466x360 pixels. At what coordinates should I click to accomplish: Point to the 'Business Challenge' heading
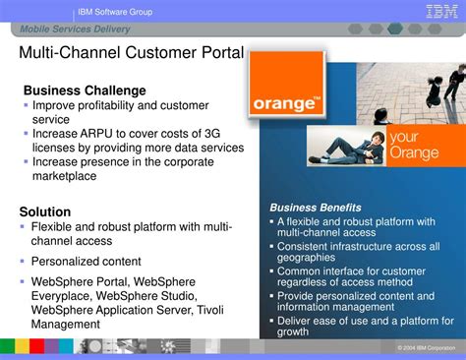click(x=85, y=90)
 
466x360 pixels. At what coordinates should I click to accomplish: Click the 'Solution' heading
click(x=45, y=211)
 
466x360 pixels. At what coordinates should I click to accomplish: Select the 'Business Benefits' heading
click(x=316, y=208)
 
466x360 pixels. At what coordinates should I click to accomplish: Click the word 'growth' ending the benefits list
click(x=293, y=331)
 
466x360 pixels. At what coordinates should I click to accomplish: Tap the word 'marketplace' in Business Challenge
click(x=65, y=176)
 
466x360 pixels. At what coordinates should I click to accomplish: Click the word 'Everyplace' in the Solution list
click(x=64, y=294)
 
